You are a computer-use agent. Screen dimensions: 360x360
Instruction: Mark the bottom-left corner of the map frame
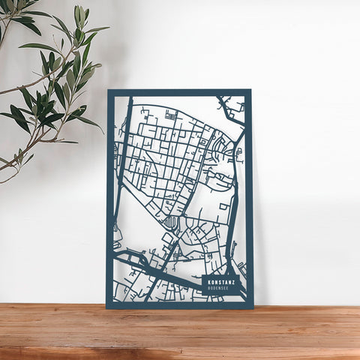tap(108, 307)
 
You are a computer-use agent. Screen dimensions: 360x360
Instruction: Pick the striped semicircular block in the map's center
tap(172, 222)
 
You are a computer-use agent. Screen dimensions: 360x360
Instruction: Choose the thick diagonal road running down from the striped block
tap(159, 262)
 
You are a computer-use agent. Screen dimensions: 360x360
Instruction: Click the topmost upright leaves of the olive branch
tap(79, 15)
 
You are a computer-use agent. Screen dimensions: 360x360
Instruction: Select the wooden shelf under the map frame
tap(180, 330)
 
